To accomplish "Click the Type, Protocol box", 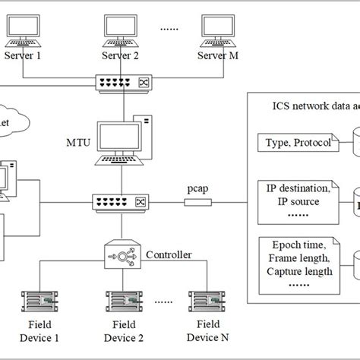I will coord(297,144).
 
